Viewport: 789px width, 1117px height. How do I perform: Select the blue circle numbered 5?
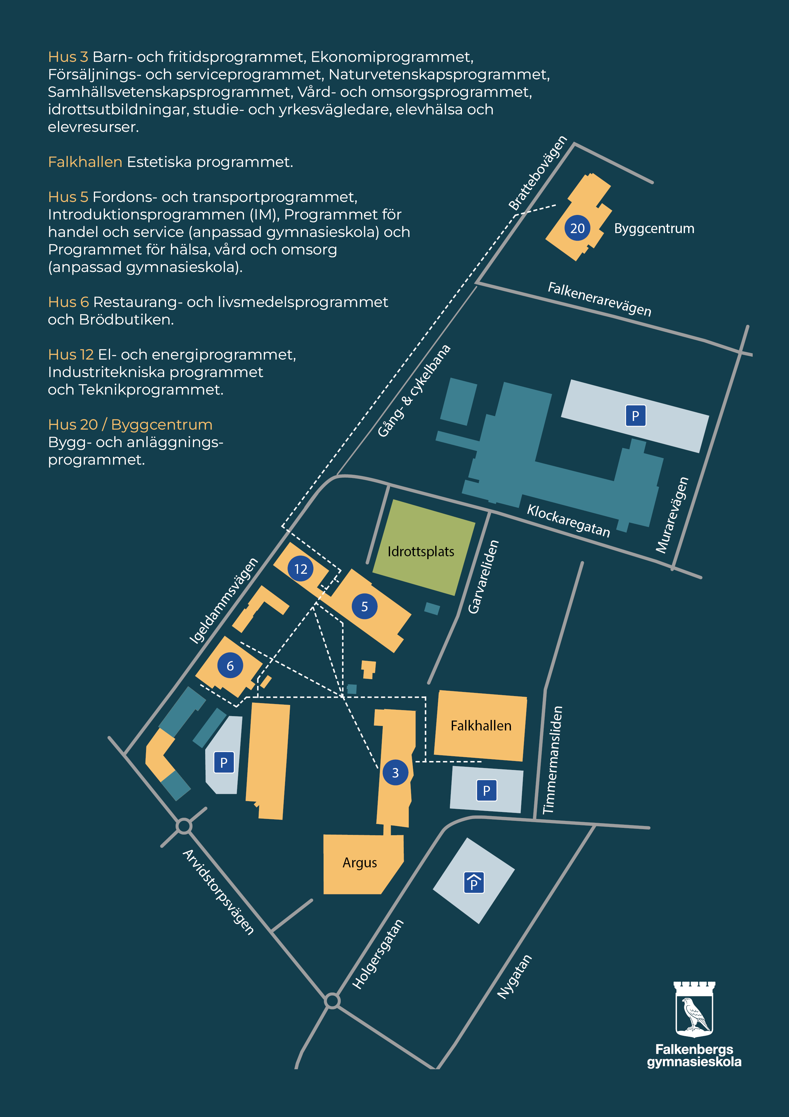365,606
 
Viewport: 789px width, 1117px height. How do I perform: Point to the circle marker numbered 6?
230,665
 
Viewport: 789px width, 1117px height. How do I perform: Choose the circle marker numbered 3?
395,772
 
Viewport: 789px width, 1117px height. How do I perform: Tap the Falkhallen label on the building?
481,725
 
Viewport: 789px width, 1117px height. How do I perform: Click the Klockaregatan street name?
568,521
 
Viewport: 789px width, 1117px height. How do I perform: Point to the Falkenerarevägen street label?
599,299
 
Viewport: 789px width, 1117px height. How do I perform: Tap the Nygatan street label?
514,977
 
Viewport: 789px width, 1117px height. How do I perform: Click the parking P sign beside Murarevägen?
635,416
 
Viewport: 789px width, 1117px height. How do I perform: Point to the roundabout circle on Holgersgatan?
332,1001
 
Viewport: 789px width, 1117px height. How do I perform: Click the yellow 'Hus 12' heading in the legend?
71,355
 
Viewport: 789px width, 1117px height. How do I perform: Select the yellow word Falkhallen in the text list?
85,162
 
